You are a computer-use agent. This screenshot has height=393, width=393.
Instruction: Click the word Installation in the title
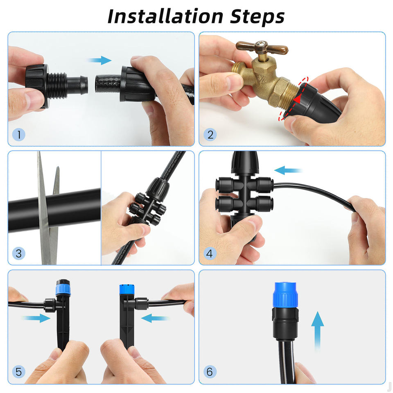tap(165, 16)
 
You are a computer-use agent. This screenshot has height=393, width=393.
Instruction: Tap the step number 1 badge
tap(19, 135)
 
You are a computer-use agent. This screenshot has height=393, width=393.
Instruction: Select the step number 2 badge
tap(210, 135)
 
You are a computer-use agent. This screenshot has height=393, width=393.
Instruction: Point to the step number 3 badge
tap(19, 253)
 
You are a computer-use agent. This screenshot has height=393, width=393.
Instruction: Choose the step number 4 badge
tap(210, 253)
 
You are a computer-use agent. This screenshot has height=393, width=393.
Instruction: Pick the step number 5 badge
tap(19, 372)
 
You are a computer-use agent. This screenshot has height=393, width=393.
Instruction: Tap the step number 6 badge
tap(210, 372)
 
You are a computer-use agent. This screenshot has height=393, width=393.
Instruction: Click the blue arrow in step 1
tap(100, 60)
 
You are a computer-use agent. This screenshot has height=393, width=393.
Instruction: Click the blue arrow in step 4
tap(288, 170)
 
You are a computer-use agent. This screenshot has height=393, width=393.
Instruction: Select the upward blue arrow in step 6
tap(318, 331)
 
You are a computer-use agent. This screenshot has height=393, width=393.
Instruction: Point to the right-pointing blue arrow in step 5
tap(36, 318)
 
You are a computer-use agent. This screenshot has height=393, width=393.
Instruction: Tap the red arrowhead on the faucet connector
tap(297, 99)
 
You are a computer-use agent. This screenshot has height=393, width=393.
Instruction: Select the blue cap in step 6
tap(285, 294)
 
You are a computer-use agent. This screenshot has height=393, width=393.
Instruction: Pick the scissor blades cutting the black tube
tap(47, 208)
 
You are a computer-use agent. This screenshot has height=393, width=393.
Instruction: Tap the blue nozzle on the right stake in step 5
tap(127, 290)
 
